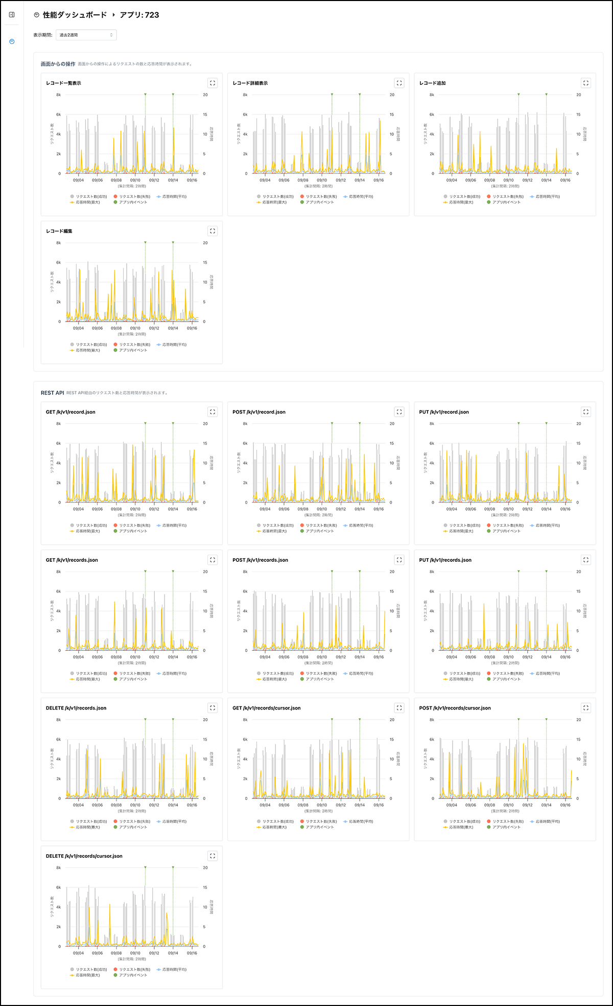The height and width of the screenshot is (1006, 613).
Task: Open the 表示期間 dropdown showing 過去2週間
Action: point(86,35)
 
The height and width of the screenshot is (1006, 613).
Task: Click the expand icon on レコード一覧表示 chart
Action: point(213,83)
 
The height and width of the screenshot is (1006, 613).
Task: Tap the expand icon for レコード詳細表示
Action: point(399,83)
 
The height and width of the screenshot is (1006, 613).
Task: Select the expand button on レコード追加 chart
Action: point(586,83)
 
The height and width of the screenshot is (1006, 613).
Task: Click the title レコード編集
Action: point(59,231)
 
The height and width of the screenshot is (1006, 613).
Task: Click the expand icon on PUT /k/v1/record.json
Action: point(586,411)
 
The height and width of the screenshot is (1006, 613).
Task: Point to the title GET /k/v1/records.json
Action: point(72,560)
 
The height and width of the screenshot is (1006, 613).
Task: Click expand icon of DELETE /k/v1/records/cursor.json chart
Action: point(213,856)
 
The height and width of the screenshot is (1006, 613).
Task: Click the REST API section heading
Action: point(53,393)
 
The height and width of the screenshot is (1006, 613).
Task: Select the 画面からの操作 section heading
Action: point(58,64)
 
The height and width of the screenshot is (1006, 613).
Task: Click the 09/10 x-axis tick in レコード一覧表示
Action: point(135,180)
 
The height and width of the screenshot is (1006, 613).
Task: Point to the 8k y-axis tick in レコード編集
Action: point(59,243)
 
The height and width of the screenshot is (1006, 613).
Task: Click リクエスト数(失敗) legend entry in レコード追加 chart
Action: point(507,196)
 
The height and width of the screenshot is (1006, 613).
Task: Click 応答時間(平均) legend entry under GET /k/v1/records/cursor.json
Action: point(361,821)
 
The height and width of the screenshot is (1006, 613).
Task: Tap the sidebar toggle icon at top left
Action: point(12,15)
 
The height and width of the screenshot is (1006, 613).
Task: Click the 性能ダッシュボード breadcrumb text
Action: point(75,15)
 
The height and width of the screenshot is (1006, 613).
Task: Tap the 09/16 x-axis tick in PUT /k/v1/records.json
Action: point(565,657)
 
